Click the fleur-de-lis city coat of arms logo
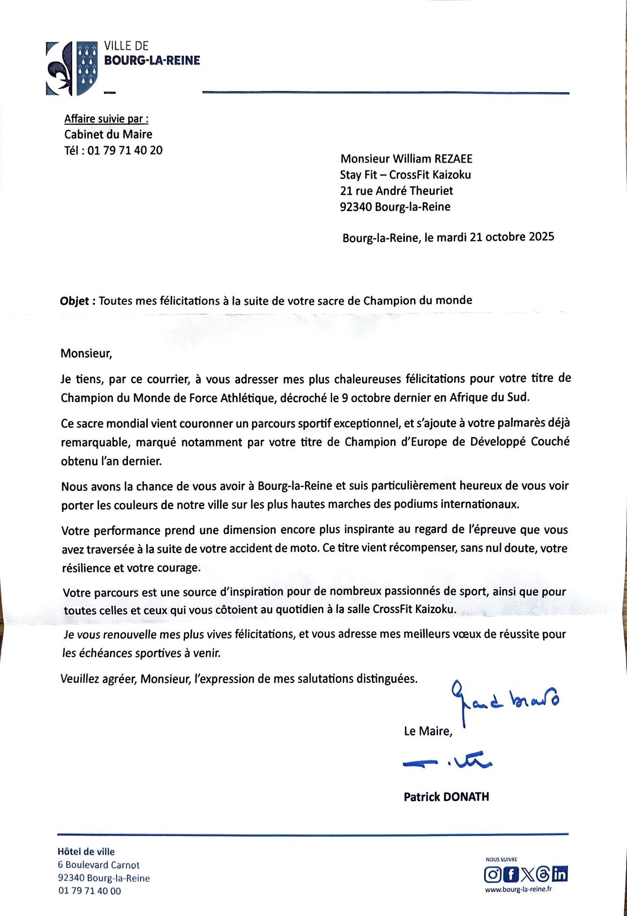72,68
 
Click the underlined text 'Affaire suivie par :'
106,119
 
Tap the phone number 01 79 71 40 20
125,150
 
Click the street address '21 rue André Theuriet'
397,191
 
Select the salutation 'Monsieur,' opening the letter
86,353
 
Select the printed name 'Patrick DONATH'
446,797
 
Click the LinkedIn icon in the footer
561,873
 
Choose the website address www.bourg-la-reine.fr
519,889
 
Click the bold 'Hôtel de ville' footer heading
86,852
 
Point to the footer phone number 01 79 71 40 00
90,891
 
